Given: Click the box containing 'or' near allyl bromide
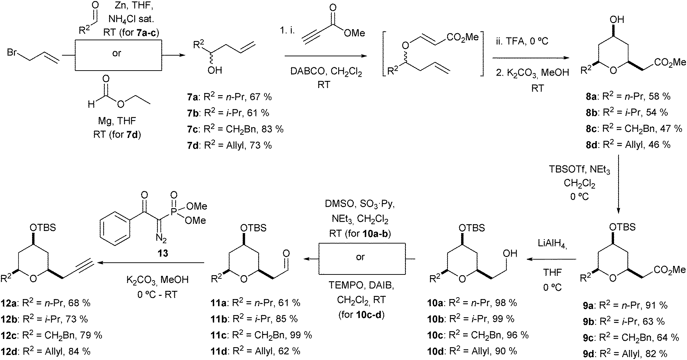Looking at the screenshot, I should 117,53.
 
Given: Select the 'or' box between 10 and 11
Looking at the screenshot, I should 361,257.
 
